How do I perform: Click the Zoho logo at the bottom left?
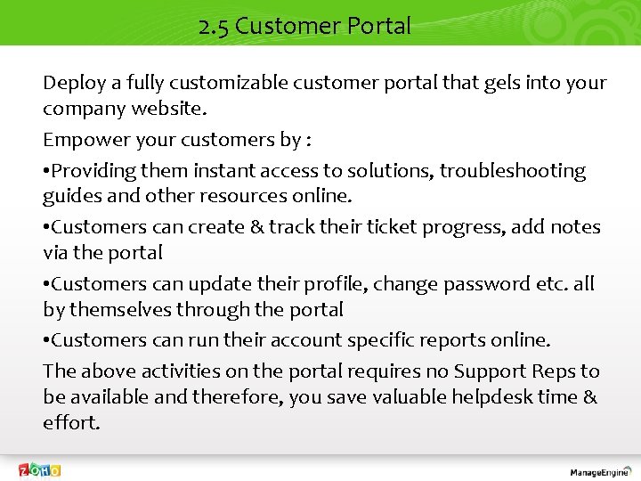(41, 469)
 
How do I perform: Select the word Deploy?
(75, 83)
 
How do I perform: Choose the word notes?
(577, 227)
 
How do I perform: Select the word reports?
(465, 340)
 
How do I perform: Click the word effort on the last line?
(70, 422)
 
